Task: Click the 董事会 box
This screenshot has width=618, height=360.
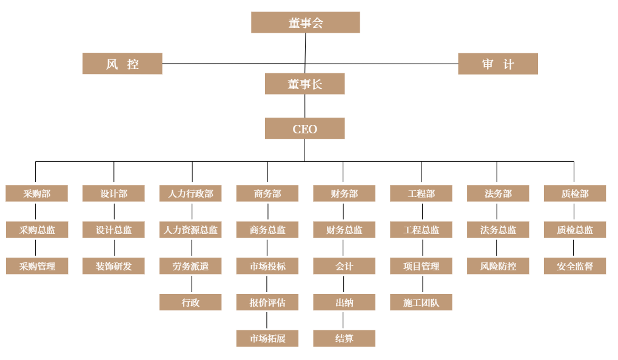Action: (305, 22)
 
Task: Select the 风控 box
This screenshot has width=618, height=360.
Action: (122, 64)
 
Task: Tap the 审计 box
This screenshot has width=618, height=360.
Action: (497, 64)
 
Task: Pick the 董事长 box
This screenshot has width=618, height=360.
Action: (304, 84)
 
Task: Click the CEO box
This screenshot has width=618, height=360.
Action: (304, 128)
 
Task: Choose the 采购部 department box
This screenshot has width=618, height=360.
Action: (36, 193)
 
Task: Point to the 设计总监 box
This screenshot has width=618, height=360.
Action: (113, 230)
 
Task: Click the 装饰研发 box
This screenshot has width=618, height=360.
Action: (113, 266)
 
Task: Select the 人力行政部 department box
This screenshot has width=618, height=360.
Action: (190, 193)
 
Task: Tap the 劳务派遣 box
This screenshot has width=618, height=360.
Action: (190, 266)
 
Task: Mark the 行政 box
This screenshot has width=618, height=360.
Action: (190, 302)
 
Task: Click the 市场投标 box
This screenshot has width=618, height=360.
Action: (267, 266)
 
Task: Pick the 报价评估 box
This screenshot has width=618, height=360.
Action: (267, 302)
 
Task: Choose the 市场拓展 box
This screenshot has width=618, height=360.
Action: (267, 338)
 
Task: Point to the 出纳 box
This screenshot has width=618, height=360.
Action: (344, 302)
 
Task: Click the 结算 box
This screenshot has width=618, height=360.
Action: (344, 338)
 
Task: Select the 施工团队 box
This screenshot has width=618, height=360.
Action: (421, 302)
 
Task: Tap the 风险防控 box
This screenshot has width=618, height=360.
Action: (498, 266)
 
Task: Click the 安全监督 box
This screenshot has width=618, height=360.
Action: (575, 266)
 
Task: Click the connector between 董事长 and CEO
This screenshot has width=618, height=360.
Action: (304, 106)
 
